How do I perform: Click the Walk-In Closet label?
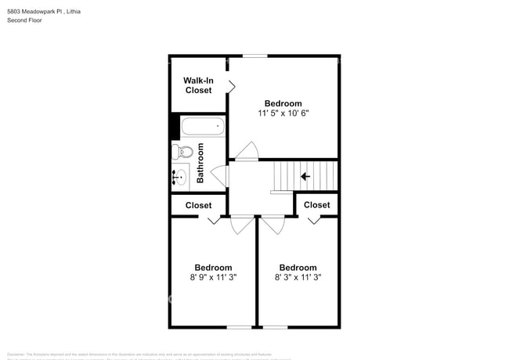[198, 85]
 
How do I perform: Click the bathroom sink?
[181, 177]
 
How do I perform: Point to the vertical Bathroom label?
[200, 163]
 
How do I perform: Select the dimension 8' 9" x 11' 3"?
[213, 277]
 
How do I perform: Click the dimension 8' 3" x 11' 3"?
[298, 277]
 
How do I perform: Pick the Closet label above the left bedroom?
[198, 205]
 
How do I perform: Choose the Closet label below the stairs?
[316, 205]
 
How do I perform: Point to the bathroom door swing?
[219, 175]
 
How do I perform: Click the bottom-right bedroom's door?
[273, 225]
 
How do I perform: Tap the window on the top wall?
[254, 56]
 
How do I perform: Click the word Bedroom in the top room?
[283, 103]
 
